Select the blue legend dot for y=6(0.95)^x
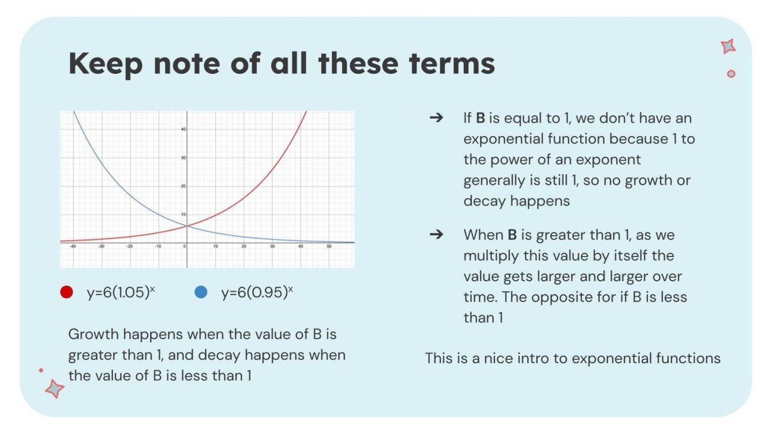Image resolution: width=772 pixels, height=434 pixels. tap(201, 292)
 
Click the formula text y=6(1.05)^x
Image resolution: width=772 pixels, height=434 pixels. tap(121, 292)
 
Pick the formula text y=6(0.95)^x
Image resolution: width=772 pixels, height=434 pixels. tap(257, 292)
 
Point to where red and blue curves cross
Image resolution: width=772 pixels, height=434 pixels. tap(186, 226)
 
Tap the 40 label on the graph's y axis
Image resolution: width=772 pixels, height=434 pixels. tap(183, 129)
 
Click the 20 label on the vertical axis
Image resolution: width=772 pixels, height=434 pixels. tap(183, 186)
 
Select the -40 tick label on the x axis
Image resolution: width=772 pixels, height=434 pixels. tap(72, 247)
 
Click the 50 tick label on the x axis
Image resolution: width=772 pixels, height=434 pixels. tap(329, 247)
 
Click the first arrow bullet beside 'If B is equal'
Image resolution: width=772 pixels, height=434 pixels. tap(437, 118)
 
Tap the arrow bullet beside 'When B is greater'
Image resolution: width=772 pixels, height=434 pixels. tap(437, 235)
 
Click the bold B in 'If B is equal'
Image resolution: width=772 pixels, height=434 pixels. tap(480, 118)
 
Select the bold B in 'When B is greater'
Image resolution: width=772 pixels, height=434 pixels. tap(512, 235)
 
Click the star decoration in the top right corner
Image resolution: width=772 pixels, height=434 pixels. tap(728, 47)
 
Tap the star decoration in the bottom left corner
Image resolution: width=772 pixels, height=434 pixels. tap(55, 388)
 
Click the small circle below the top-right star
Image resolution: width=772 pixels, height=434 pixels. tap(731, 74)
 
